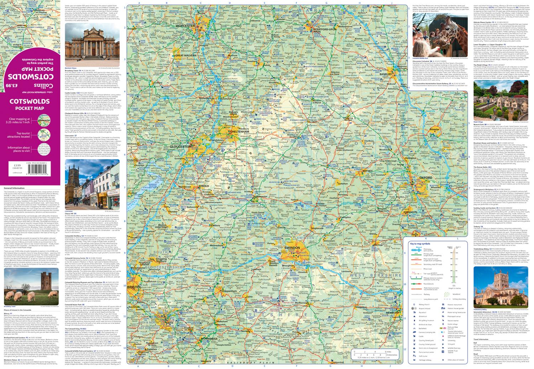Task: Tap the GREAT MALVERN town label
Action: tap(184, 56)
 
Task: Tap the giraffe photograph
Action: tap(440, 37)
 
